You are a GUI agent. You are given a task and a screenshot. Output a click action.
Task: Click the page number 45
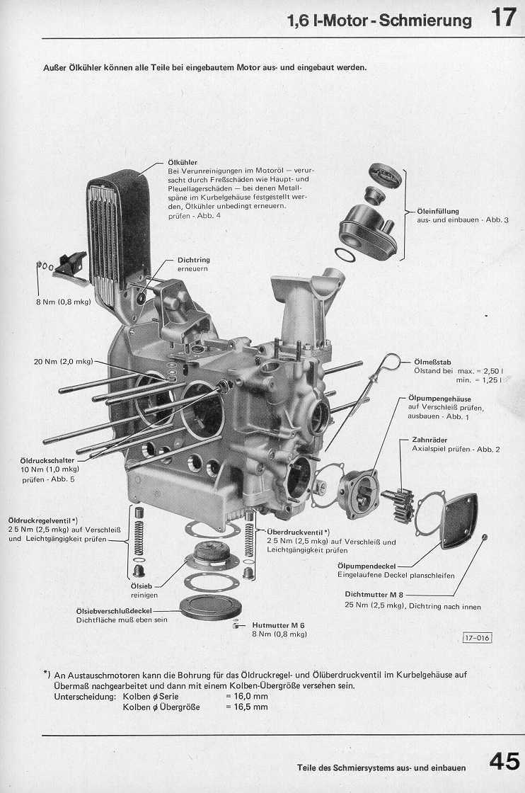tap(504, 763)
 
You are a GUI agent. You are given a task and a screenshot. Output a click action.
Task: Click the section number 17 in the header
tap(504, 17)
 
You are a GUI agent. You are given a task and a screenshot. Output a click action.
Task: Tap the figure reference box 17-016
tap(477, 638)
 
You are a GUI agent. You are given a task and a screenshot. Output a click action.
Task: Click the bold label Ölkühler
tap(183, 162)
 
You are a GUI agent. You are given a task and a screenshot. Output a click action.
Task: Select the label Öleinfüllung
tap(438, 211)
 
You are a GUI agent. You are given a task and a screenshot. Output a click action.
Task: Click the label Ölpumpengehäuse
tap(442, 398)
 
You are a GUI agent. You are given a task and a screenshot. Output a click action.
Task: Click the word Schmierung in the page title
tap(425, 21)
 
